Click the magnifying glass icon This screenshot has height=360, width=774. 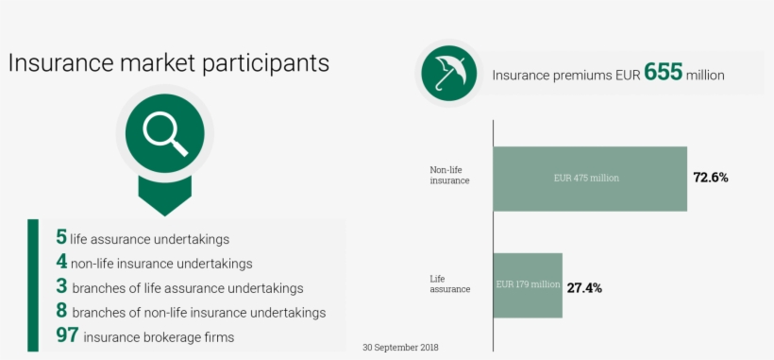[164, 134]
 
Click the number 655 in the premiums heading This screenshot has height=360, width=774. [663, 73]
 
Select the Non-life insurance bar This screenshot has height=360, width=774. [590, 179]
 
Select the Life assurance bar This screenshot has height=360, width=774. [528, 284]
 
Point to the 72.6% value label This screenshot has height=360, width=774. [711, 178]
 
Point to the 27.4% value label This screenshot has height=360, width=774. [584, 286]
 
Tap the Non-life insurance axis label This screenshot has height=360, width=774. [449, 175]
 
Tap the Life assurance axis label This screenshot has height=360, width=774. [450, 283]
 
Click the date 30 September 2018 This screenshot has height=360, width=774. [400, 348]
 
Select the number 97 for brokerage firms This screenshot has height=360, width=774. [66, 335]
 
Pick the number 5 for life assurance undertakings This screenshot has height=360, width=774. [61, 238]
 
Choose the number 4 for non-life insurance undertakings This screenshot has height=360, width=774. [61, 263]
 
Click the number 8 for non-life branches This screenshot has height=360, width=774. [61, 311]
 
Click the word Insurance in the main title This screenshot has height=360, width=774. [59, 63]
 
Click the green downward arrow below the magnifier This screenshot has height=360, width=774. [164, 195]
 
